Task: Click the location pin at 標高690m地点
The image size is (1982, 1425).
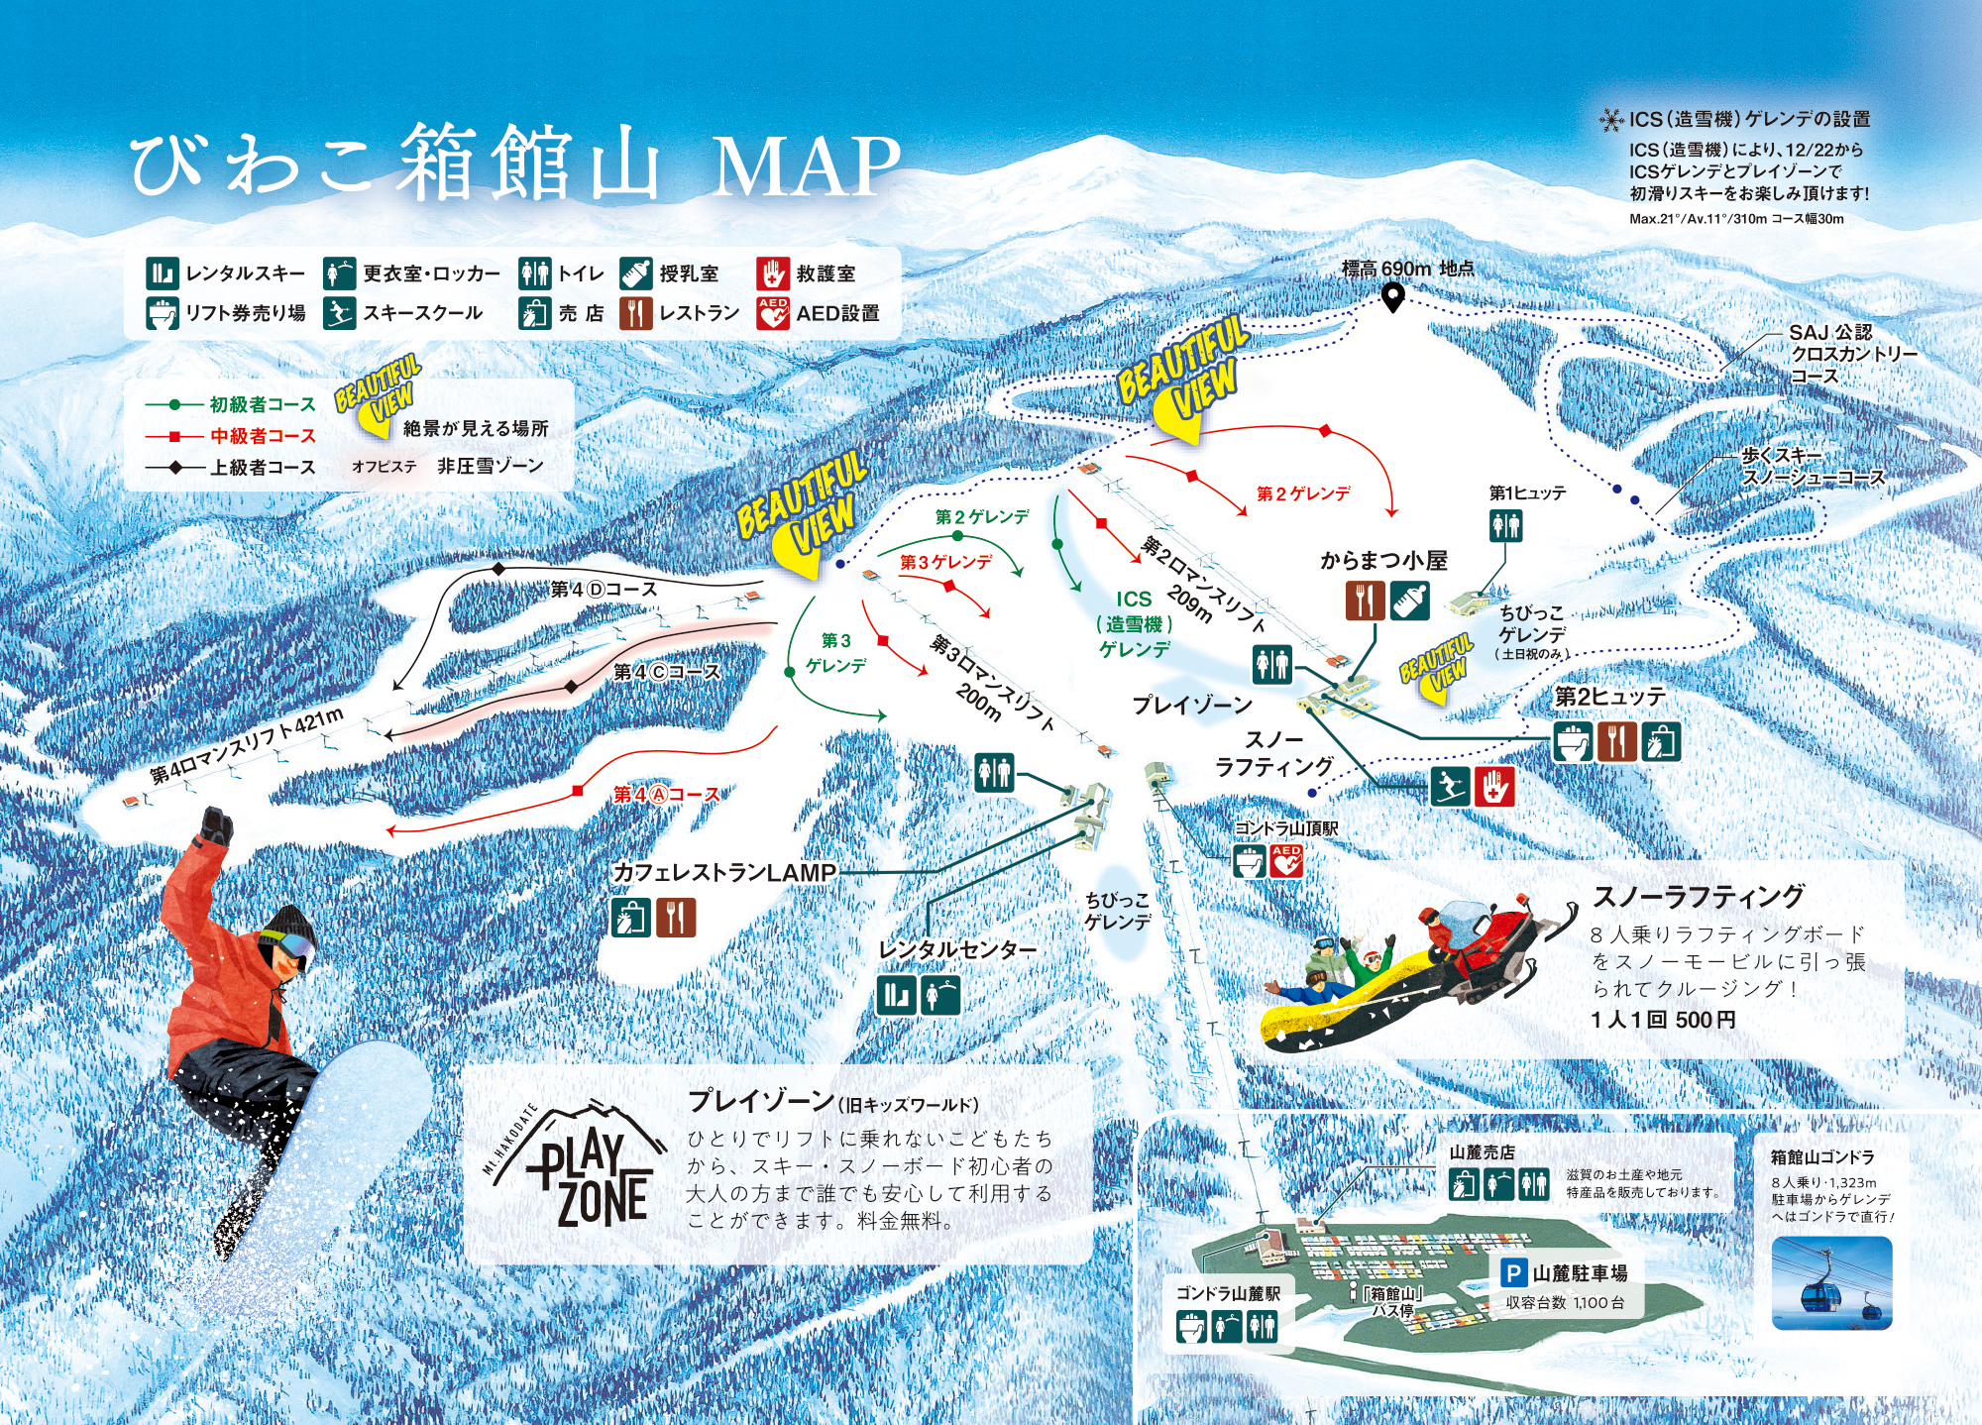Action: point(1392,296)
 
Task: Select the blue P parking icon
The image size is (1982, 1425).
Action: point(1513,1272)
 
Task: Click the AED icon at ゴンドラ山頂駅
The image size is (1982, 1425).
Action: point(1285,861)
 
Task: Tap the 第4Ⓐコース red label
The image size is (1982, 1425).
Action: point(666,795)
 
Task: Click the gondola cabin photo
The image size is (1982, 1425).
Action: point(1830,1282)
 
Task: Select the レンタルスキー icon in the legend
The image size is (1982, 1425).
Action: point(162,273)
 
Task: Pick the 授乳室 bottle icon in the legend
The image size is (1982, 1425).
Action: point(636,273)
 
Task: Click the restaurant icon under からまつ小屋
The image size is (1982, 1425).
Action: point(1365,601)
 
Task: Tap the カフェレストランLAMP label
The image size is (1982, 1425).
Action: point(724,872)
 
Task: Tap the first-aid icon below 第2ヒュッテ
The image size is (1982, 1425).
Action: point(1494,787)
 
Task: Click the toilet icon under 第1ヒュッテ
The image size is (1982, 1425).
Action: point(1505,525)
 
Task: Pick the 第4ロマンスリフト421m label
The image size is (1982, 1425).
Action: point(248,745)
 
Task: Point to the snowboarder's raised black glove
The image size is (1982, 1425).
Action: point(217,824)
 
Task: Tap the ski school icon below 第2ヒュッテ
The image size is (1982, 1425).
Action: point(1450,787)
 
